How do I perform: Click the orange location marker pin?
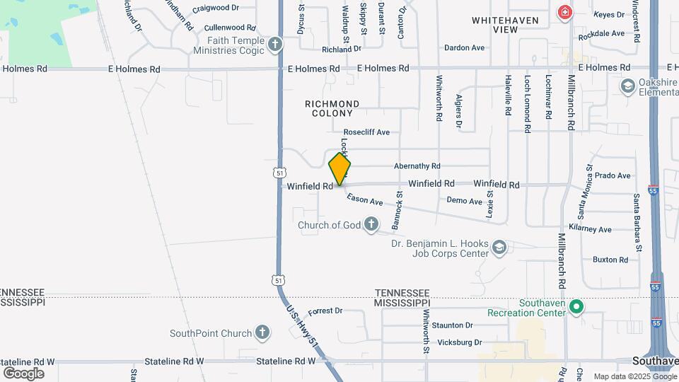tap(340, 168)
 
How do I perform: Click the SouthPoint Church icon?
tap(262, 332)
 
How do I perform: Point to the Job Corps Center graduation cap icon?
tap(499, 247)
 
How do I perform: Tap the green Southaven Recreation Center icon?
tap(576, 306)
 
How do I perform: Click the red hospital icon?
tap(564, 12)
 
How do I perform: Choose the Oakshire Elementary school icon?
tap(627, 86)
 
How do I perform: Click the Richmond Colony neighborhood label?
tap(332, 108)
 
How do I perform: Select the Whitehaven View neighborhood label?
tap(505, 25)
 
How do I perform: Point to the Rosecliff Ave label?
tap(366, 132)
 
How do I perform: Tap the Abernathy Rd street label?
tap(417, 166)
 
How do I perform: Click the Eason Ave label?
tap(365, 202)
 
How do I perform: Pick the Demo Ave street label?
tap(465, 201)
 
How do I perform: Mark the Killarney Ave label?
tap(595, 230)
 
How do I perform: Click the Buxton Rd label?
tap(610, 260)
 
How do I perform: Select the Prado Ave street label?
tap(612, 175)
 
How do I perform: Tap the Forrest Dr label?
tap(325, 311)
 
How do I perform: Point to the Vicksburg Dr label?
tap(458, 342)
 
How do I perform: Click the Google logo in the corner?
tap(24, 373)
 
